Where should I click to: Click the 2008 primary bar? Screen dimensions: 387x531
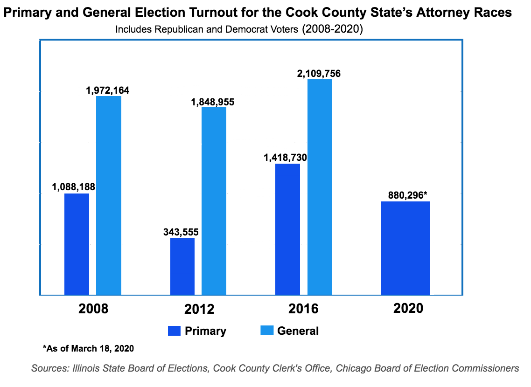tap(77, 244)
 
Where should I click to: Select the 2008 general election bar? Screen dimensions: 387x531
tap(108, 195)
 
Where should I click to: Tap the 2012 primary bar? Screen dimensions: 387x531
tap(182, 266)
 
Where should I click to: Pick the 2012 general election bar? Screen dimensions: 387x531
tap(214, 201)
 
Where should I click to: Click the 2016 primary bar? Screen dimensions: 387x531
tap(287, 229)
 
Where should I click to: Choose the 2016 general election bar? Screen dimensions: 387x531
tap(320, 187)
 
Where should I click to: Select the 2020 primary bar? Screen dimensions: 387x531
tap(405, 248)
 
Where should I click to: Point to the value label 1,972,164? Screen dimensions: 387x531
tap(108, 90)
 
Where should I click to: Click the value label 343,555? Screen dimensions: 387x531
tap(182, 232)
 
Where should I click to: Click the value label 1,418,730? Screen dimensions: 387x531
tap(285, 158)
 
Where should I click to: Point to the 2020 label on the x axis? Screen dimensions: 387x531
tap(408, 308)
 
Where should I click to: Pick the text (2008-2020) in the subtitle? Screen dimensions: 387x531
tap(333, 29)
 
